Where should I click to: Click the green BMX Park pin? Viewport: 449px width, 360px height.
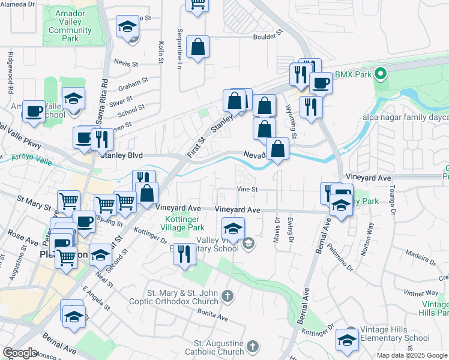click(x=380, y=74)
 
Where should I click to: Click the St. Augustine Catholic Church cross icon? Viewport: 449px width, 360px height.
click(x=253, y=346)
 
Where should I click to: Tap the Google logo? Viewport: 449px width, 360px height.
click(x=20, y=353)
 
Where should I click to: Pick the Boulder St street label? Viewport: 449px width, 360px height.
click(x=271, y=37)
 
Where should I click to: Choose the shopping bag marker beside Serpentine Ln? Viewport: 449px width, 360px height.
click(x=197, y=48)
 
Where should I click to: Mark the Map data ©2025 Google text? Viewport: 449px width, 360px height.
click(x=411, y=355)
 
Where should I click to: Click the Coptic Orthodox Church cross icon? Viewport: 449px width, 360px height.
click(x=227, y=296)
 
